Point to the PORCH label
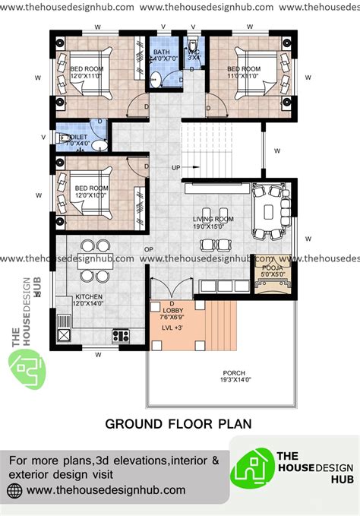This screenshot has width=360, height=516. click(x=233, y=373)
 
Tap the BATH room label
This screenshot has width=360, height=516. click(x=162, y=52)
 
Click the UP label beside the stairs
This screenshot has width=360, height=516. click(x=176, y=167)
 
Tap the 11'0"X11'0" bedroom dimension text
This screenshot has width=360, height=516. click(x=244, y=75)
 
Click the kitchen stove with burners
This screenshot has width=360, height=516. click(x=122, y=334)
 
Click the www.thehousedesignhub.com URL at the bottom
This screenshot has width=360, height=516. click(x=106, y=491)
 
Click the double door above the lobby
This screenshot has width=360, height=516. click(x=166, y=289)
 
